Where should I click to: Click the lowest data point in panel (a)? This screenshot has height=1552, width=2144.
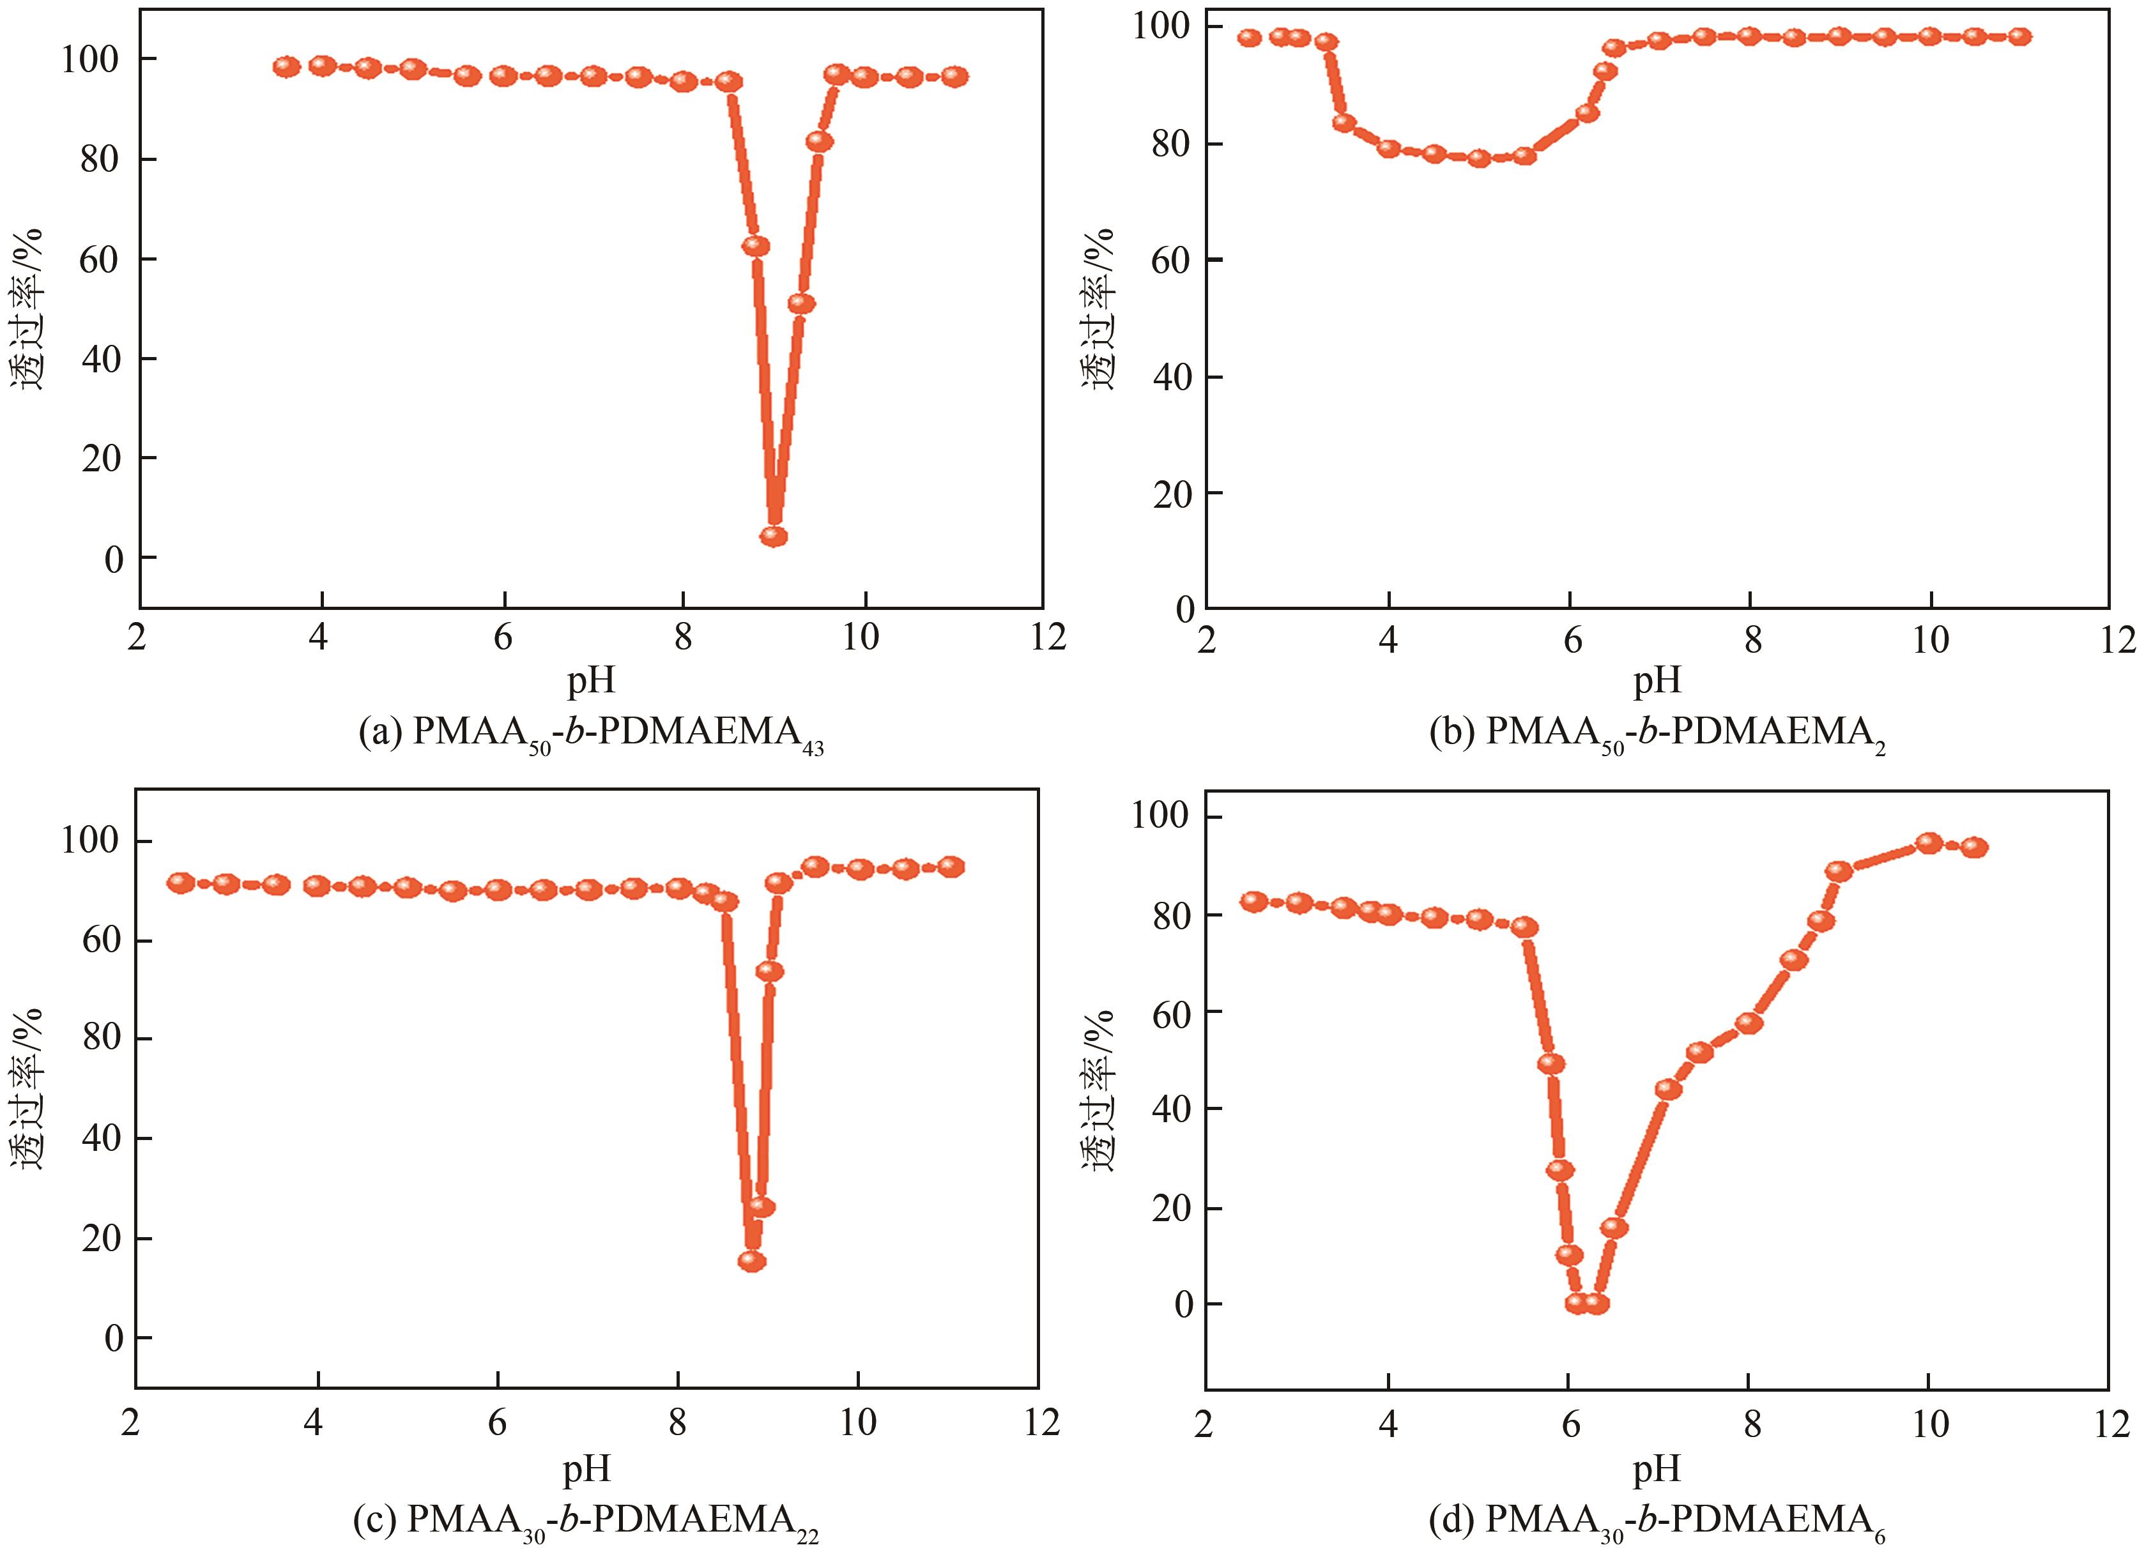coord(774,536)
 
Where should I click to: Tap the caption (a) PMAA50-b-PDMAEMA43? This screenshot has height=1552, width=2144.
coord(591,734)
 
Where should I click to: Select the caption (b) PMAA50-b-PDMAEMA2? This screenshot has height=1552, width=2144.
coord(1656,734)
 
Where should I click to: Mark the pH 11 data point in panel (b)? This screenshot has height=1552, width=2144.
coord(2020,37)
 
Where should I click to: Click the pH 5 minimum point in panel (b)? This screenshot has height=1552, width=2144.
coord(1480,158)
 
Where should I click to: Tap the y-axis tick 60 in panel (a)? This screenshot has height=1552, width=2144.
coord(99,259)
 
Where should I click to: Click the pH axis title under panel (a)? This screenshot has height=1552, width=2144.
coord(591,679)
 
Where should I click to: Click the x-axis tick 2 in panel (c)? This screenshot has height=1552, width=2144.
coord(132,1422)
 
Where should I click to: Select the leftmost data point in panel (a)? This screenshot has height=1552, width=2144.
coord(286,67)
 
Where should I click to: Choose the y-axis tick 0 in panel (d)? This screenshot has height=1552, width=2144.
coord(1183,1304)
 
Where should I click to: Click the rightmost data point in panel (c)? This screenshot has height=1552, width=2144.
coord(951,867)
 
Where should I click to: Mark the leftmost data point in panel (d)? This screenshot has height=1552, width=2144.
coord(1253,902)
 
